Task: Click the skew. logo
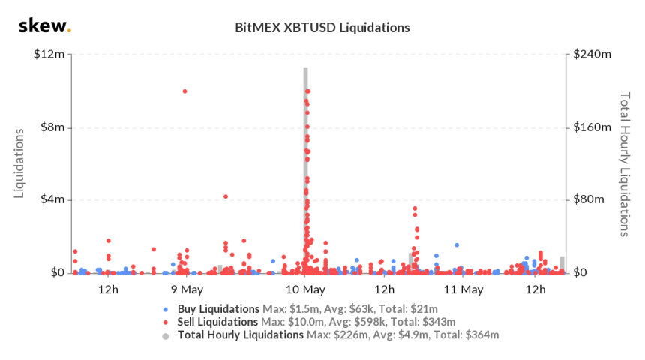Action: [44, 27]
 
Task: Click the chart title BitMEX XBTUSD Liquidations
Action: [322, 28]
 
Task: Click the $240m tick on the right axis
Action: [592, 55]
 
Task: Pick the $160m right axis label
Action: [592, 127]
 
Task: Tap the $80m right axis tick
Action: [589, 200]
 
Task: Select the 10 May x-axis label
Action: [306, 289]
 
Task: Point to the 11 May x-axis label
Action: [462, 289]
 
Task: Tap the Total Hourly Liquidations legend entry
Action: [240, 334]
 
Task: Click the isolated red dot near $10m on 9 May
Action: [184, 91]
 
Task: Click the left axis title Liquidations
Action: [20, 163]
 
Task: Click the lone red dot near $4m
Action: [226, 197]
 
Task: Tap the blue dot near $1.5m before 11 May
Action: [456, 245]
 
